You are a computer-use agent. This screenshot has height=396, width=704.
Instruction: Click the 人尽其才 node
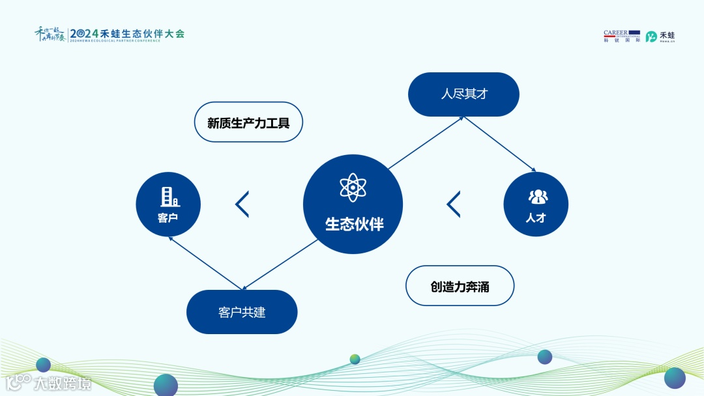(x=463, y=94)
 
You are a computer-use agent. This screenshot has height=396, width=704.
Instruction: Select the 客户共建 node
(x=242, y=312)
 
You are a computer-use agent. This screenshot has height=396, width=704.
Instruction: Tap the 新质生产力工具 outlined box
(x=248, y=122)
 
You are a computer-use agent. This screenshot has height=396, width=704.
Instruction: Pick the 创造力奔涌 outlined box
(x=460, y=285)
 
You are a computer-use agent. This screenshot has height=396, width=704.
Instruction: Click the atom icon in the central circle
(x=353, y=188)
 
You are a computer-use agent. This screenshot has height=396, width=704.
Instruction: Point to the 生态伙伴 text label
(x=354, y=225)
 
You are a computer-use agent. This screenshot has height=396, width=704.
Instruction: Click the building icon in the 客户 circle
(x=169, y=197)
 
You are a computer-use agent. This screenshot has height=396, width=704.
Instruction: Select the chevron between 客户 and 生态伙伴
(x=242, y=204)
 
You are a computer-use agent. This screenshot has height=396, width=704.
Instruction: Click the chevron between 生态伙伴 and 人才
(x=453, y=204)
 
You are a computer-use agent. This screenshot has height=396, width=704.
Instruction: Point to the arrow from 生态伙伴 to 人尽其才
(x=425, y=143)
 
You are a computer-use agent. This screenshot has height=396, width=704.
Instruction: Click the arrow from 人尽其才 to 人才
(x=499, y=145)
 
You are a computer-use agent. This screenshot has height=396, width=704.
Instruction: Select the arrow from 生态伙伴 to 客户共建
(x=280, y=264)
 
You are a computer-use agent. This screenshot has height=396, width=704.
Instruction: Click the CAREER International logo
(x=621, y=36)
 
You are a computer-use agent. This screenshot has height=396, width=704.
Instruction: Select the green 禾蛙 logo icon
(x=651, y=36)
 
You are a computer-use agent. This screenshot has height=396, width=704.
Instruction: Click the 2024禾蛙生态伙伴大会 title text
(x=127, y=33)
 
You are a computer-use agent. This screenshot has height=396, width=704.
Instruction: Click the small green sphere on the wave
(x=355, y=359)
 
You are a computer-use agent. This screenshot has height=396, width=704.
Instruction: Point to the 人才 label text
(x=536, y=218)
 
